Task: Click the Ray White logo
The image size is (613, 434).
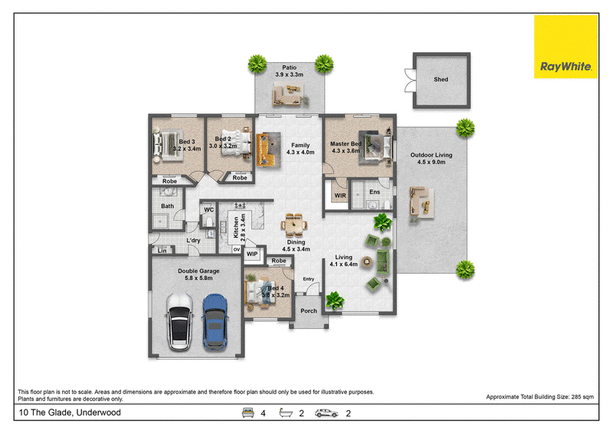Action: point(565,47)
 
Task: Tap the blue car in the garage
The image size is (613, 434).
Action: point(215,322)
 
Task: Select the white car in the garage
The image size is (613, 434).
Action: point(180,322)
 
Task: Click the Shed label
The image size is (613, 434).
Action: point(441,80)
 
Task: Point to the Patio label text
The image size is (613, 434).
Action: point(290,67)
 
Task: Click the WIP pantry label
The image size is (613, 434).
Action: point(252,254)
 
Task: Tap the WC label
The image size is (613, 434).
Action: point(208,210)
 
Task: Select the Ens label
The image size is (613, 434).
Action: point(375,192)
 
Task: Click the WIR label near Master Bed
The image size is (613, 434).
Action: point(339,196)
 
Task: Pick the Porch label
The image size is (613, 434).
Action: point(309,311)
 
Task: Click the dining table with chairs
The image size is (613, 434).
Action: point(293,225)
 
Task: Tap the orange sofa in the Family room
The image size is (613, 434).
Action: point(264,150)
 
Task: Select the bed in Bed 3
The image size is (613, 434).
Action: point(167,145)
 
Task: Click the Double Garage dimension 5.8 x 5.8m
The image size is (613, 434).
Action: point(198,278)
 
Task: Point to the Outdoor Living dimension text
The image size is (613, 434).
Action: point(431,162)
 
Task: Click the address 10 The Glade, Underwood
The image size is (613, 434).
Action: point(70,413)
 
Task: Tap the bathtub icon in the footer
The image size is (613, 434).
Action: point(286,413)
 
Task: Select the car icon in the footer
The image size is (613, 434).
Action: point(326,413)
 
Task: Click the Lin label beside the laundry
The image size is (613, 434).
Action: point(162,251)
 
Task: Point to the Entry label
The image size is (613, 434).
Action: point(309,279)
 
